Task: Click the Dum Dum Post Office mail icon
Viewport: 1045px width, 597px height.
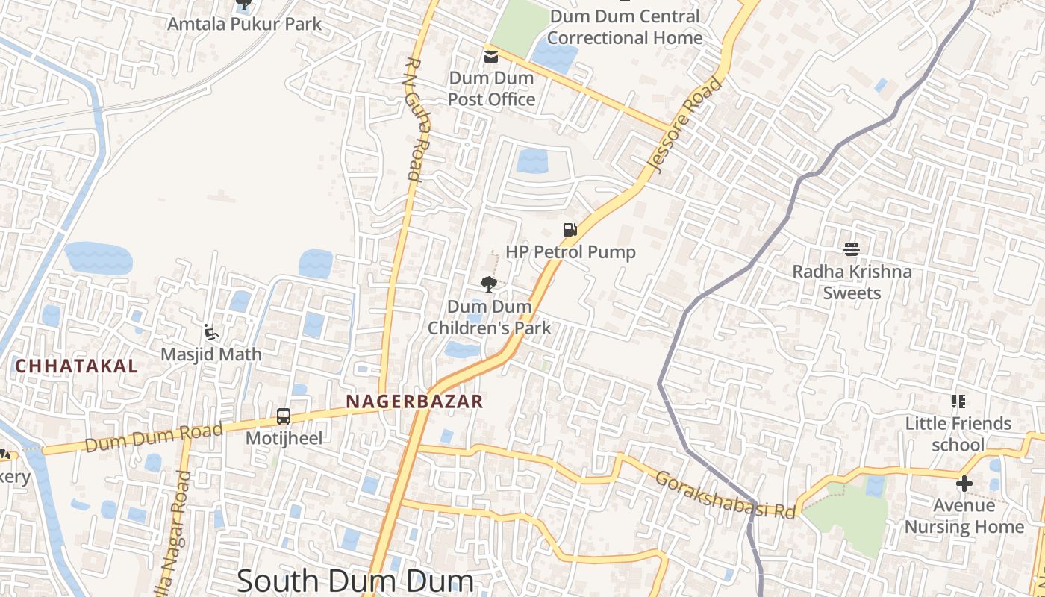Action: coord(490,56)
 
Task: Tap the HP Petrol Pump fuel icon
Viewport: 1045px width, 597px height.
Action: coord(570,230)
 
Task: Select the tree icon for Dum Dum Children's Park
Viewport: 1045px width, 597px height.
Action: coord(489,284)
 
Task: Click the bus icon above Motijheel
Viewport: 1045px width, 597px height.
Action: coord(284,416)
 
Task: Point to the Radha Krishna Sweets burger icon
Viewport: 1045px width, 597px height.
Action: coord(852,249)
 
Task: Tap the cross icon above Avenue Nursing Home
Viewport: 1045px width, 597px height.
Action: coord(964,484)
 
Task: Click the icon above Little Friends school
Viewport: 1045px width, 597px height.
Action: coord(958,401)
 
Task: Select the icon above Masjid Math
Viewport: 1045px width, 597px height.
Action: coord(211,332)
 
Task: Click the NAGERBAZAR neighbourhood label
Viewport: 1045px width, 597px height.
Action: coord(414,401)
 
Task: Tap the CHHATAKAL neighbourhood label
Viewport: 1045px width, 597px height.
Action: coord(76,366)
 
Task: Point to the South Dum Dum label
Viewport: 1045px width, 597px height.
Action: coord(355,581)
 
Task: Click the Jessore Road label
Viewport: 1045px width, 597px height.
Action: coord(687,125)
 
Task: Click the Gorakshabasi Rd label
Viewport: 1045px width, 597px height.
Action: coord(725,494)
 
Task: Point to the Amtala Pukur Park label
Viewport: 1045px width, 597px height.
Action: coord(244,24)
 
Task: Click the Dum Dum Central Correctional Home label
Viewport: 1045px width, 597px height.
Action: coord(626,27)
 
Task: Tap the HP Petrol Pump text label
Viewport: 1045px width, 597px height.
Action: coord(570,252)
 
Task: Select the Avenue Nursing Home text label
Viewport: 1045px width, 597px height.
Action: coord(964,516)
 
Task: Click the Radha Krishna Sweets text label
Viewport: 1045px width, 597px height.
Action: coord(852,282)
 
